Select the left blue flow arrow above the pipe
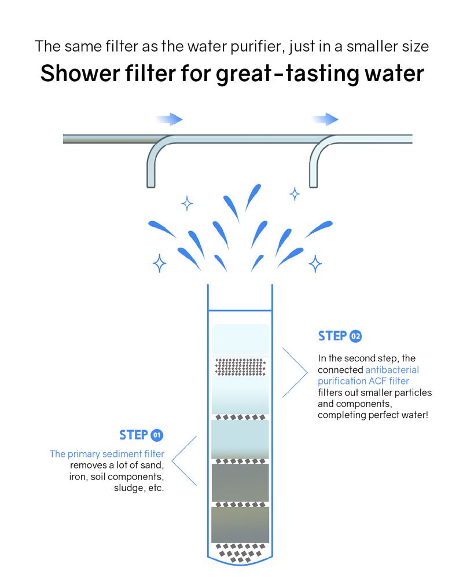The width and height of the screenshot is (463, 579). point(170,120)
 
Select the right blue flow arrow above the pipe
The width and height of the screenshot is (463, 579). point(325,120)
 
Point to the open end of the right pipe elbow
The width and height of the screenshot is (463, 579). point(313,185)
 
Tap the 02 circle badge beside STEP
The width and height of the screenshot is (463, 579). point(355,336)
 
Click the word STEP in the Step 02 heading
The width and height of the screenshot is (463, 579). point(332,336)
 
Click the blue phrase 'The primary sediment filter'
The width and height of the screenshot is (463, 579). point(107,454)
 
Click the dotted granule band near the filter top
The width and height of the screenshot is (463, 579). point(240,367)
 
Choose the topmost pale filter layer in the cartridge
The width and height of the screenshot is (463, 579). point(240,339)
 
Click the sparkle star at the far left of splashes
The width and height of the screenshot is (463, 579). point(159,263)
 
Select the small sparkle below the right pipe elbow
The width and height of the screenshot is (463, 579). point(295,194)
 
